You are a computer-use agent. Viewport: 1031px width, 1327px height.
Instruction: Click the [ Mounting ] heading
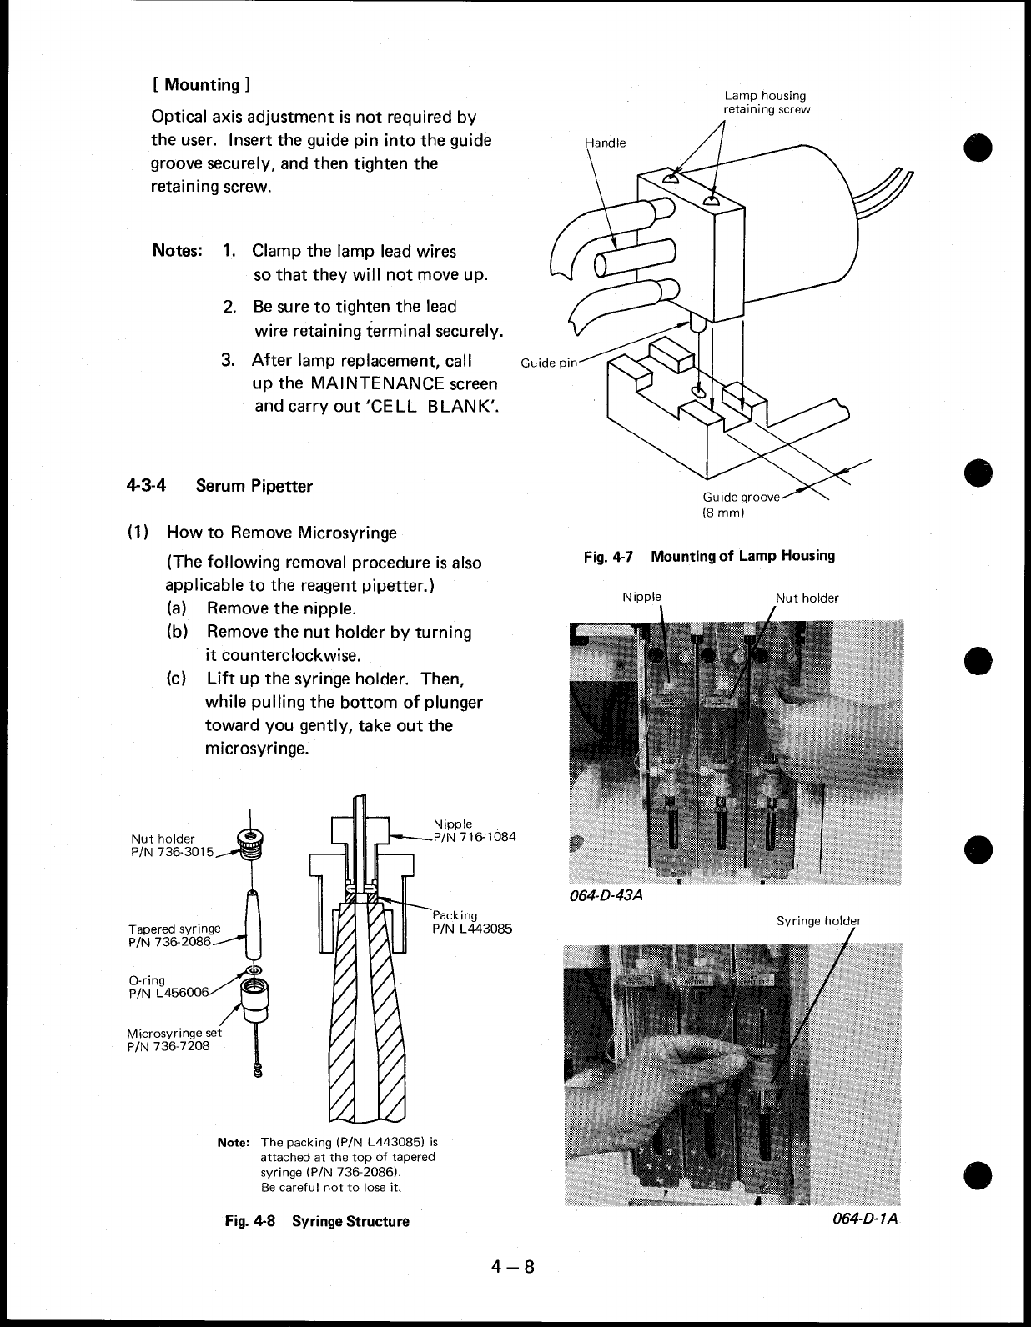tap(199, 84)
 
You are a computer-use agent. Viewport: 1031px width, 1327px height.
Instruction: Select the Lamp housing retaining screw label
tap(766, 103)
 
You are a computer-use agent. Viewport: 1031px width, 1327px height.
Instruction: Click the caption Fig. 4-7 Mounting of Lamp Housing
tap(709, 556)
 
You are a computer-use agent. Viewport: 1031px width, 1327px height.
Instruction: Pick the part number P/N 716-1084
tap(474, 837)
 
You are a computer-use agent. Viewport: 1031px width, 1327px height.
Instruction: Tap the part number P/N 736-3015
tap(172, 851)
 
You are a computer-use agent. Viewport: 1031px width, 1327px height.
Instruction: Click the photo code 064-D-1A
tap(865, 1219)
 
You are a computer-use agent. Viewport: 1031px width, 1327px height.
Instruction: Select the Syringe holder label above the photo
tap(817, 921)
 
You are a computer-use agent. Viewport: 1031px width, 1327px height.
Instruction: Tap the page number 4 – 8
tap(511, 1267)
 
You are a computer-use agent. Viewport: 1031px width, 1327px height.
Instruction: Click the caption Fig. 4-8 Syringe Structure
tap(317, 1221)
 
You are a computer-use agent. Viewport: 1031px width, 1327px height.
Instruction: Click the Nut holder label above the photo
tap(807, 598)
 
